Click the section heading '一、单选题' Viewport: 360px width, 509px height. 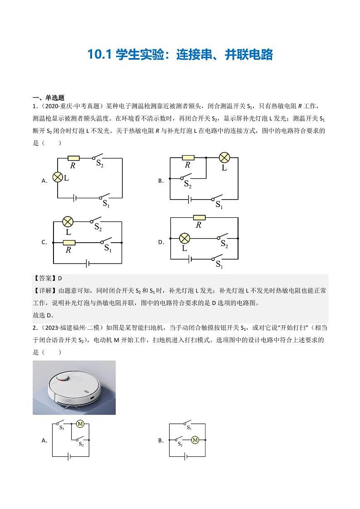pos(49,98)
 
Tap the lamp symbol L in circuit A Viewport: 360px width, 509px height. pos(58,177)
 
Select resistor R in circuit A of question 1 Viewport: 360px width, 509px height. pos(73,158)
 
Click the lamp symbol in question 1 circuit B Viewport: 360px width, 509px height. pos(224,158)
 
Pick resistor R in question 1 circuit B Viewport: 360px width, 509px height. pos(188,158)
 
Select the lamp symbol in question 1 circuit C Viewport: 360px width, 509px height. pos(68,222)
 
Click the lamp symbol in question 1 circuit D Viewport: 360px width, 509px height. pos(184,238)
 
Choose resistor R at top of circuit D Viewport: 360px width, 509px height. pos(199,218)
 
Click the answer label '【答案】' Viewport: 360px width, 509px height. pos(45,278)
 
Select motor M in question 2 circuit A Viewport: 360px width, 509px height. pos(80,424)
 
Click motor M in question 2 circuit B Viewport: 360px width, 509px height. pos(195,440)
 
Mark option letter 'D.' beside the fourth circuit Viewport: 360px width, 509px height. pos(161,242)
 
